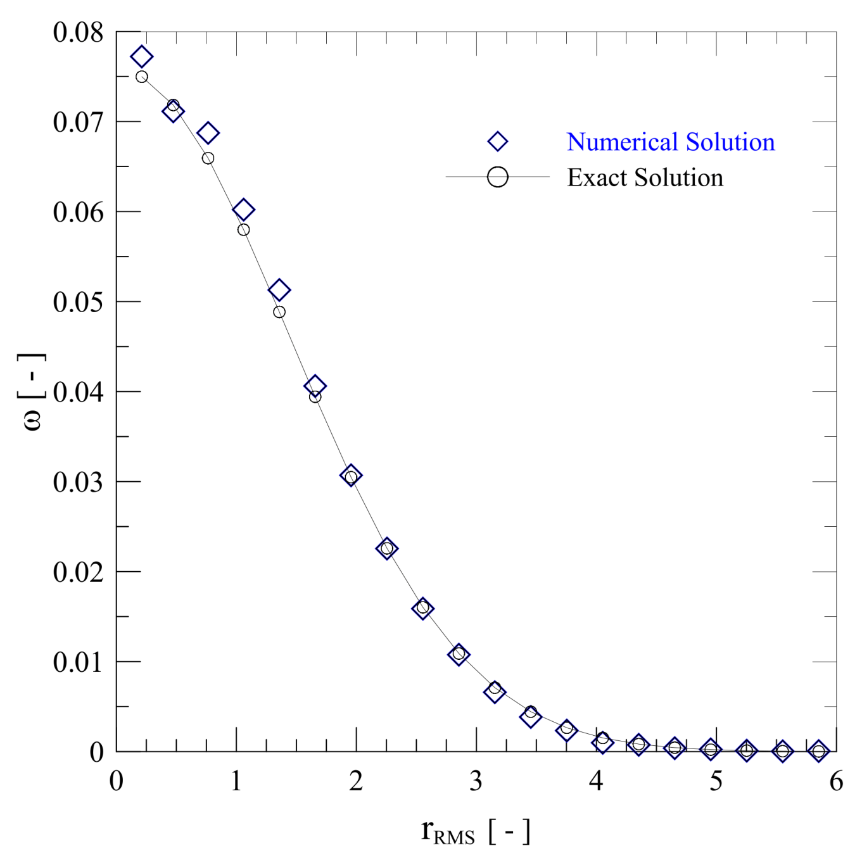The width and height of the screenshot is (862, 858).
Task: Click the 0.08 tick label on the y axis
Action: [78, 32]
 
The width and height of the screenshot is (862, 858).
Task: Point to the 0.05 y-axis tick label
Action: [78, 302]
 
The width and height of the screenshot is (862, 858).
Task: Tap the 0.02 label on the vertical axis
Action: [78, 572]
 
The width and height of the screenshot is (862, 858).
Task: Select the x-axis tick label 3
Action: [476, 781]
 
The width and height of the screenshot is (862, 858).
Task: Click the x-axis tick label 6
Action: [836, 781]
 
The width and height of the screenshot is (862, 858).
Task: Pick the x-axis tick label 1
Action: [236, 781]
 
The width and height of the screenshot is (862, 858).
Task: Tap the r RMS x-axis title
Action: [475, 831]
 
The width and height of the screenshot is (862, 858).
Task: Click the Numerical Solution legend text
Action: [671, 142]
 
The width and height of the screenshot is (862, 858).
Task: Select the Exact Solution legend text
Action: [645, 177]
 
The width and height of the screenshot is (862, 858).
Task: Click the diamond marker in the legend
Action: [498, 142]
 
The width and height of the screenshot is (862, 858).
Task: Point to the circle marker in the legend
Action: [498, 177]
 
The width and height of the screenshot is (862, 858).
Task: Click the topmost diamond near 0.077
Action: [142, 57]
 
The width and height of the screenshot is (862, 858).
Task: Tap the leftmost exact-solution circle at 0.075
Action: [142, 77]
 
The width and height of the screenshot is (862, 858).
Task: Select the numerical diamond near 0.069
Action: [208, 133]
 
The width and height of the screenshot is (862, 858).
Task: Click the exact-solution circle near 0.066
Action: [208, 158]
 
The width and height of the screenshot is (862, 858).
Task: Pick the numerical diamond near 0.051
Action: [279, 290]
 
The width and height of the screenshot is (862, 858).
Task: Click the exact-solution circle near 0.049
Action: [279, 312]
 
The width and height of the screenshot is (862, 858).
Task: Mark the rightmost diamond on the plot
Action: [818, 751]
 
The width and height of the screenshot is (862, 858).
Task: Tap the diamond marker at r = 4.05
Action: [602, 742]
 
